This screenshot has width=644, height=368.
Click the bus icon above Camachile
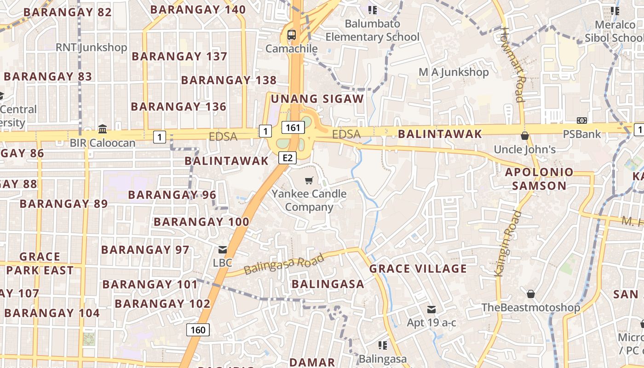point(292,34)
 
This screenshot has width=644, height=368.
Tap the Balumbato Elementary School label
point(373,30)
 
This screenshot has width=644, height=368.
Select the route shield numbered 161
point(293,127)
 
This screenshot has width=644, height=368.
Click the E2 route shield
point(287,158)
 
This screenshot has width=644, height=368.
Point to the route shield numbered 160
point(198,329)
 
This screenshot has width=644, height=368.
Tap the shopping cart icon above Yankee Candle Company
point(309,181)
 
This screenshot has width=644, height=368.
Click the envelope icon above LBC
point(223,250)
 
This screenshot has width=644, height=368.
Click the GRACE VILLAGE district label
point(418,269)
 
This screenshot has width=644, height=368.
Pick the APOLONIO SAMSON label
point(539,179)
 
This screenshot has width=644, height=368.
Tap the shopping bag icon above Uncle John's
point(524,136)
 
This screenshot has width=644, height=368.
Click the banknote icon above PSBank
point(582,121)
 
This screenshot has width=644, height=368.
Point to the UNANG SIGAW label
point(317,98)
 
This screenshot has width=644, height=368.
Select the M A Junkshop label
point(454,72)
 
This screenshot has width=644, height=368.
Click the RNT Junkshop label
point(91,47)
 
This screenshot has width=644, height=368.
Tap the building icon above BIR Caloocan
point(103,129)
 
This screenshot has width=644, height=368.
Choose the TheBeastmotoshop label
point(530,307)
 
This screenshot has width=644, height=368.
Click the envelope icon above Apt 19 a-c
point(431,310)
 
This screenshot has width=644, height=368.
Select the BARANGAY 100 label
point(201,222)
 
